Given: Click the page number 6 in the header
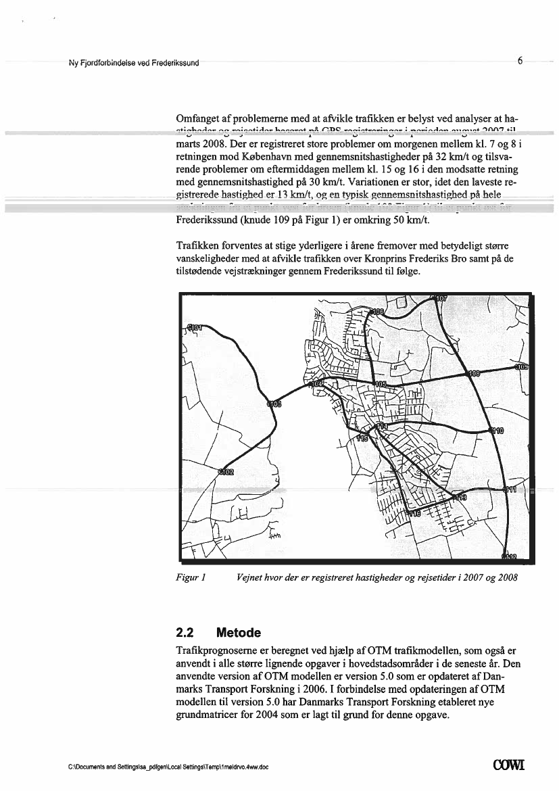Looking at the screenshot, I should pyautogui.click(x=520, y=61).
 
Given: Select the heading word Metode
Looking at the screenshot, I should pyautogui.click(x=238, y=633).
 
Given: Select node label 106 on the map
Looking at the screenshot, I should pyautogui.click(x=374, y=312).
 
